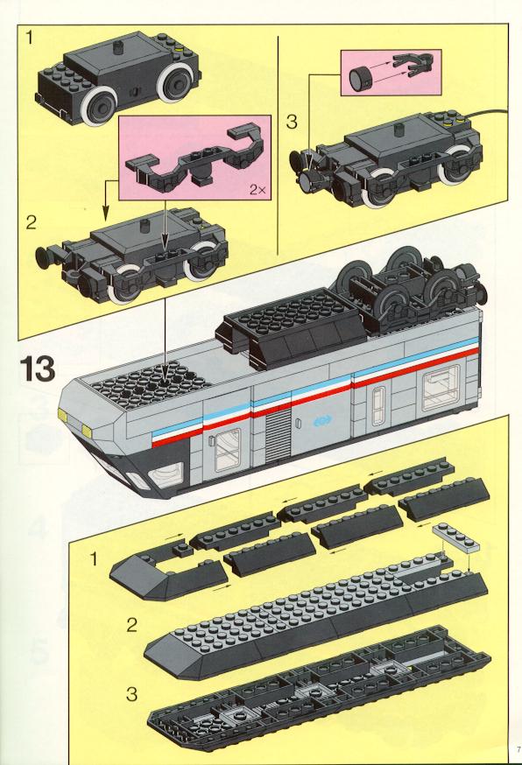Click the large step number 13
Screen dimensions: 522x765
(37, 368)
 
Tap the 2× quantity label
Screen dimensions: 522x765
(257, 190)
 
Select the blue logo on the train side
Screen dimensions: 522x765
(322, 419)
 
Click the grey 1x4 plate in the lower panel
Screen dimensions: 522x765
(455, 536)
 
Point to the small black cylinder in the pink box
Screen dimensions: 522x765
(359, 79)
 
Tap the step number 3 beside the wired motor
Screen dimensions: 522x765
(292, 122)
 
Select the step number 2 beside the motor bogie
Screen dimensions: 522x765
(32, 223)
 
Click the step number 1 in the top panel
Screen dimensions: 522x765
(31, 38)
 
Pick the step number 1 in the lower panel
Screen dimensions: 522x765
(95, 559)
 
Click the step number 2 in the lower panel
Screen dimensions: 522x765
(132, 626)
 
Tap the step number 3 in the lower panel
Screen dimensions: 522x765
(132, 694)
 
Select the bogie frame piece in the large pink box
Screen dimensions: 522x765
(195, 155)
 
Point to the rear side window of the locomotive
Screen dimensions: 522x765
(441, 387)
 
